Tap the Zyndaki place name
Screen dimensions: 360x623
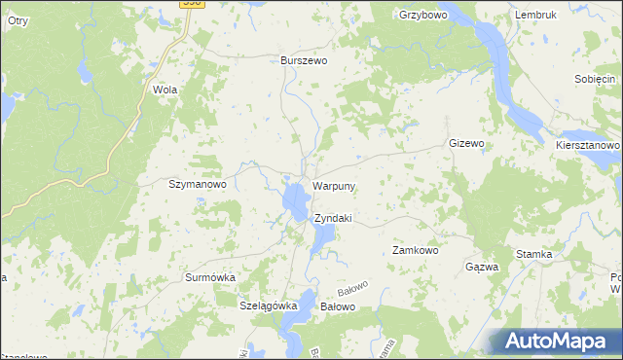click(333, 218)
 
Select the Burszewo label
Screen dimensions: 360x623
click(304, 59)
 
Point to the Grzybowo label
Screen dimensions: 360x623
click(421, 15)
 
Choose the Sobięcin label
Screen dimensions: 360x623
click(596, 79)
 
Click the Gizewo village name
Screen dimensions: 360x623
click(466, 143)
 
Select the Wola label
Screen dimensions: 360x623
click(165, 89)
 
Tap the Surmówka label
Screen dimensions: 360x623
click(210, 277)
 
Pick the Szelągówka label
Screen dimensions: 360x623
click(268, 306)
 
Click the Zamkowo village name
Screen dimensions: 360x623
click(416, 250)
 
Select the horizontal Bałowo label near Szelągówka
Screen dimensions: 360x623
click(339, 306)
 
